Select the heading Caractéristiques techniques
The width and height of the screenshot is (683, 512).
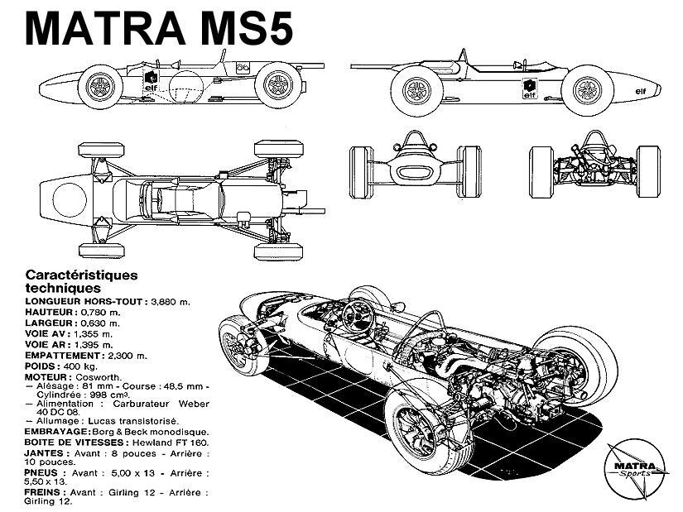[x=81, y=280]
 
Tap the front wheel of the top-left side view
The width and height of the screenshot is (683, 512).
[x=104, y=84]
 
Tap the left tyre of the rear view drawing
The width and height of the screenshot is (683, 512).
[x=541, y=171]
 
